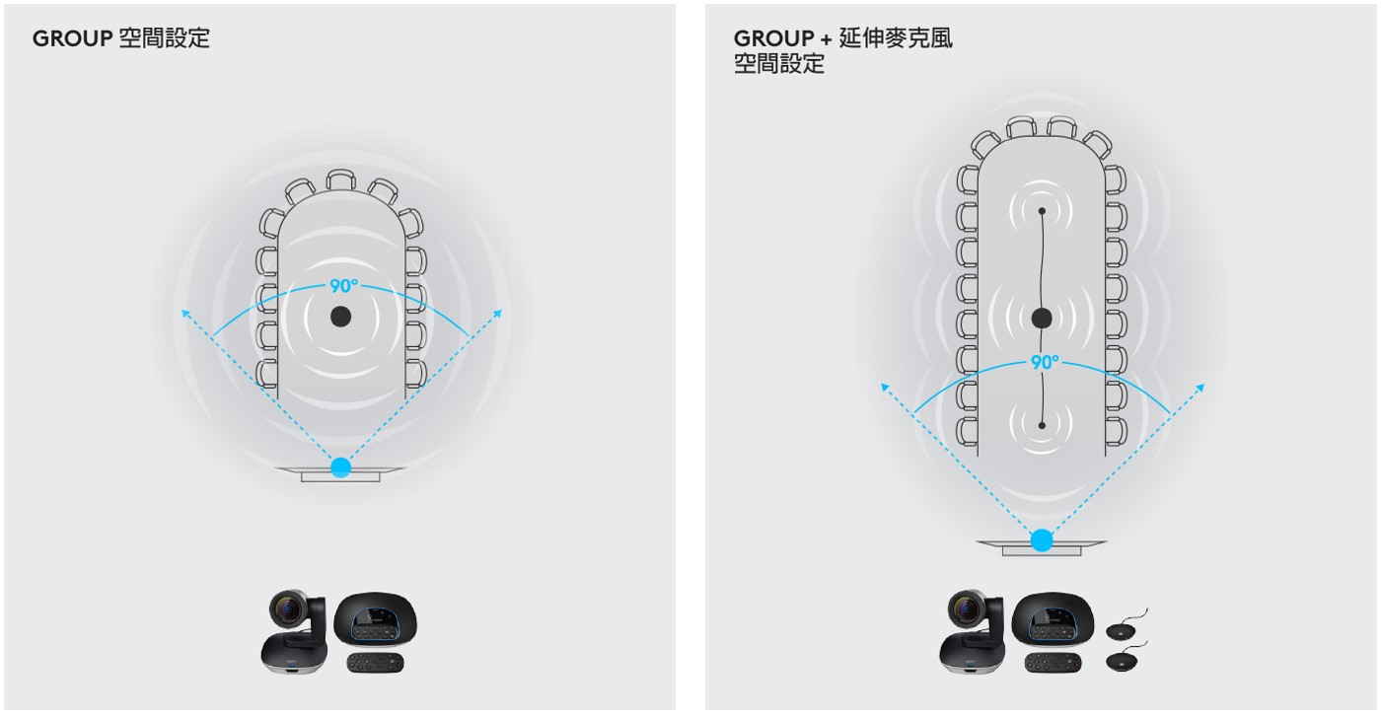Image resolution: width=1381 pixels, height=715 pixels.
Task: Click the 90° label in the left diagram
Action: (343, 285)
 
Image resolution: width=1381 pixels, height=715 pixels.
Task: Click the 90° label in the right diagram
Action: (1045, 362)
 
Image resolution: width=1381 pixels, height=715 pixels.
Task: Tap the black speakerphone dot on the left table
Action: (341, 317)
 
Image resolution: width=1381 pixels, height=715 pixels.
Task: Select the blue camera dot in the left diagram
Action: (341, 467)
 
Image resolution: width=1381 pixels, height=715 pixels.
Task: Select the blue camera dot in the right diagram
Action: (1042, 540)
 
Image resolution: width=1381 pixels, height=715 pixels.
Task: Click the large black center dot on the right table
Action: (1042, 318)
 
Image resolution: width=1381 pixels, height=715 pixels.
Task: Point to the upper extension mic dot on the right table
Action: (1042, 211)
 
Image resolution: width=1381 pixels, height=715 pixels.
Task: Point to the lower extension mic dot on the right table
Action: (1042, 425)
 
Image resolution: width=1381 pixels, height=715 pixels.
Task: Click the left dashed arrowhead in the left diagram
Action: (185, 314)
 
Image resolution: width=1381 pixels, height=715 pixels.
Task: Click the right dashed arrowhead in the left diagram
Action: (498, 314)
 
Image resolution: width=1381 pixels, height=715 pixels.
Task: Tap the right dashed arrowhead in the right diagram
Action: (1199, 388)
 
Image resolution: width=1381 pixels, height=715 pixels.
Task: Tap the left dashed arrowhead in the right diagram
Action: (885, 387)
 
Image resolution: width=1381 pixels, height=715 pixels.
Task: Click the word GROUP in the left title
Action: (72, 38)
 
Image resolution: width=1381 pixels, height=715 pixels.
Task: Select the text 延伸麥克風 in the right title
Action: (896, 38)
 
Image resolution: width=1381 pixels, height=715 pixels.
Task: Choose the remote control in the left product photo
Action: (376, 663)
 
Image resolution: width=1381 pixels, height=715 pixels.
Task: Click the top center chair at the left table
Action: (341, 179)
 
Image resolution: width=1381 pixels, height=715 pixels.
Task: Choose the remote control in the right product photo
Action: (1054, 663)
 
